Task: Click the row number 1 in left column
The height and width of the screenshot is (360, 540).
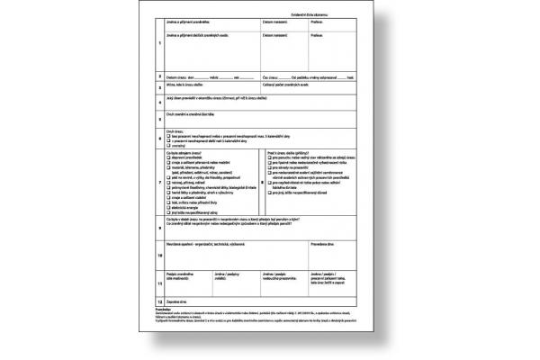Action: [158, 43]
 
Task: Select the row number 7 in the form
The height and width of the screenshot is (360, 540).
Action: [158, 182]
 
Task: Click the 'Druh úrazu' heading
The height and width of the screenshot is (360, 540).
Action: [175, 130]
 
